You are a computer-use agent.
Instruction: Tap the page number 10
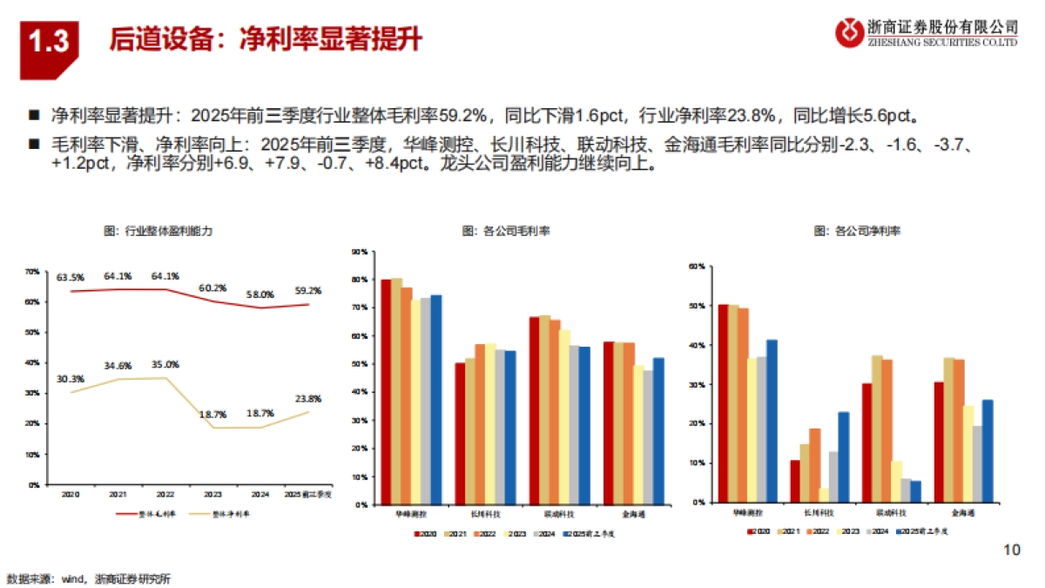click(x=1011, y=549)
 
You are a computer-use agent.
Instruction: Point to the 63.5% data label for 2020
click(x=71, y=278)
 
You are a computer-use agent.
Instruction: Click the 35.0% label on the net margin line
click(x=165, y=365)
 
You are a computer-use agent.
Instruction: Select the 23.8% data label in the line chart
click(x=307, y=399)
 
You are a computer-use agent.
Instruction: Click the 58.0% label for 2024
click(x=260, y=294)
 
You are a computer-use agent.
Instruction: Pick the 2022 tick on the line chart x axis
click(x=165, y=493)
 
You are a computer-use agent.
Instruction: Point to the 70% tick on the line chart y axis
click(x=31, y=272)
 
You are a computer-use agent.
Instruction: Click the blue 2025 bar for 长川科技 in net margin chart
click(x=843, y=456)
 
